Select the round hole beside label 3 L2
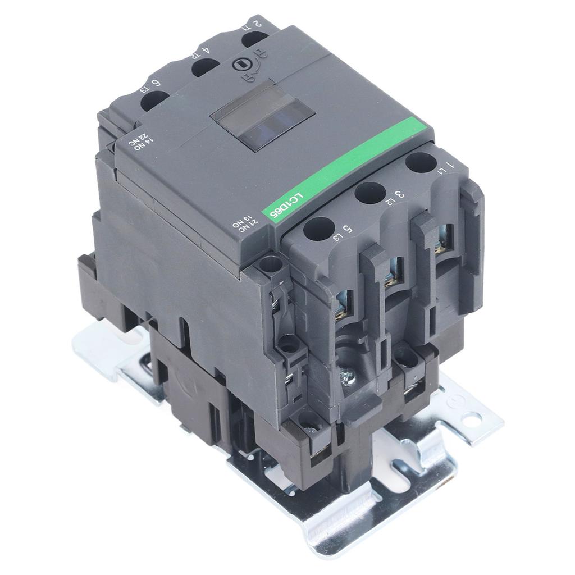(x=368, y=194)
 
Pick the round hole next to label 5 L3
(x=318, y=228)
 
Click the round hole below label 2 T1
(x=255, y=39)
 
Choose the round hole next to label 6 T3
(x=154, y=100)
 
